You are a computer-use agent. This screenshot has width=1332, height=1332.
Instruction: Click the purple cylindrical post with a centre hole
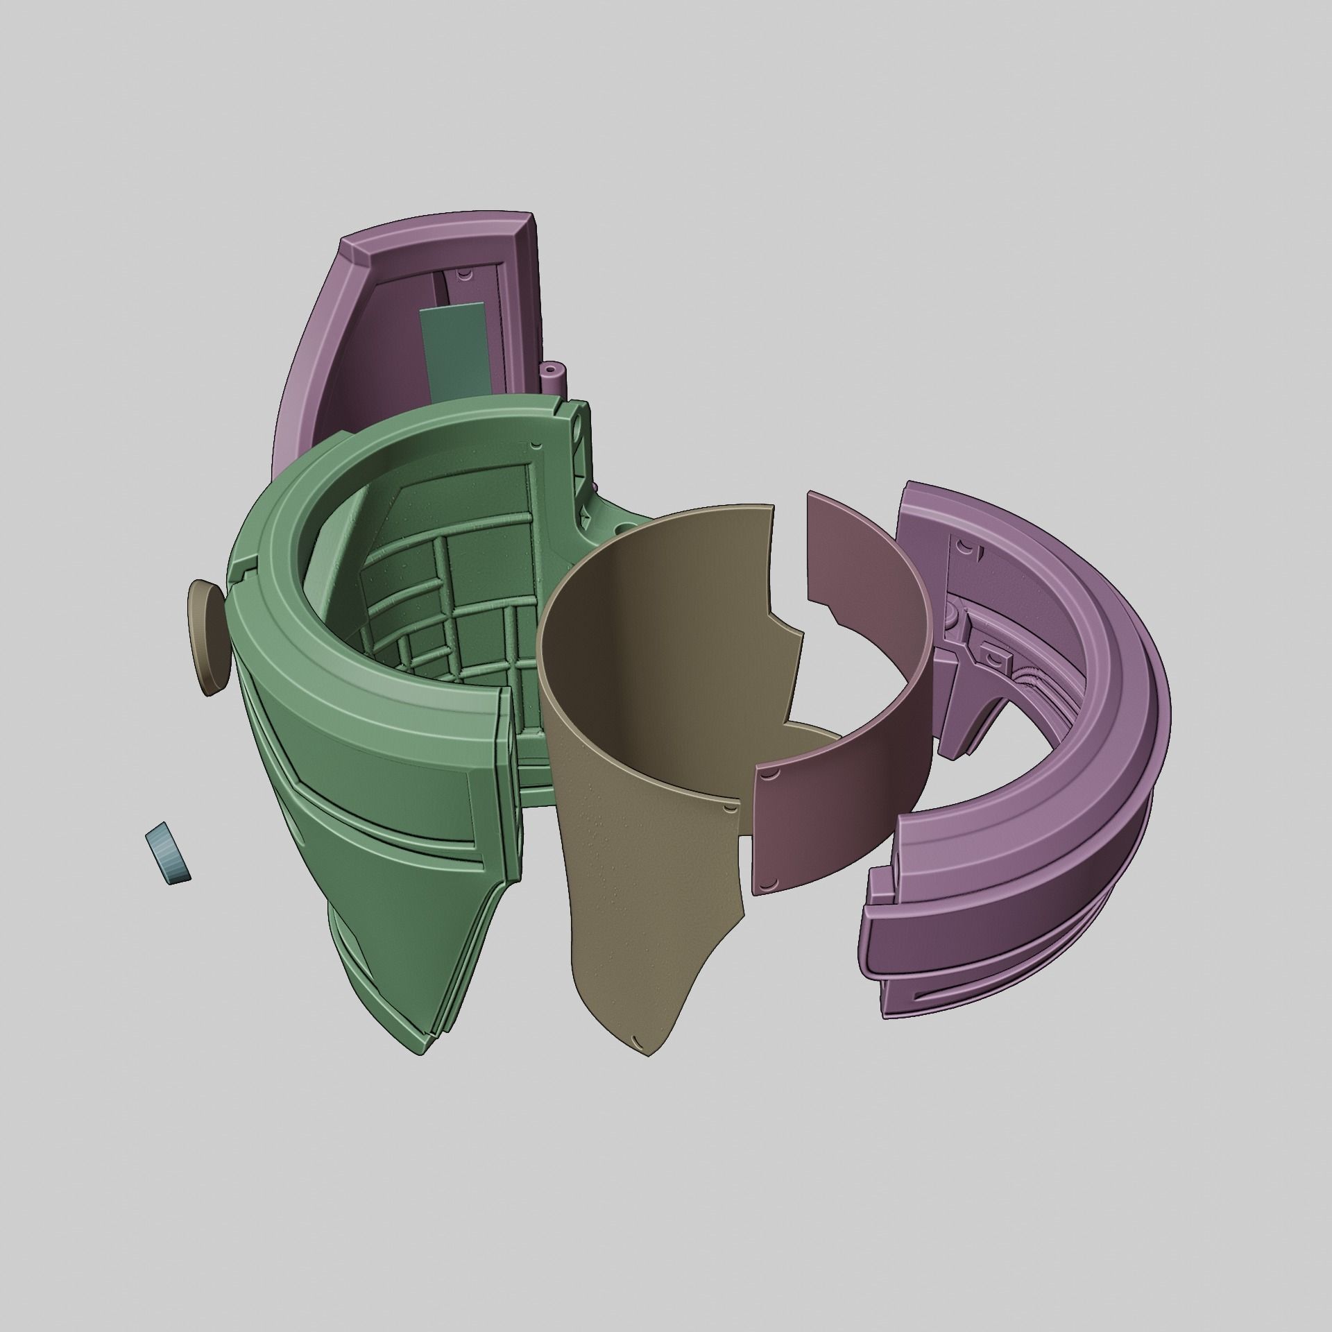tap(556, 376)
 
